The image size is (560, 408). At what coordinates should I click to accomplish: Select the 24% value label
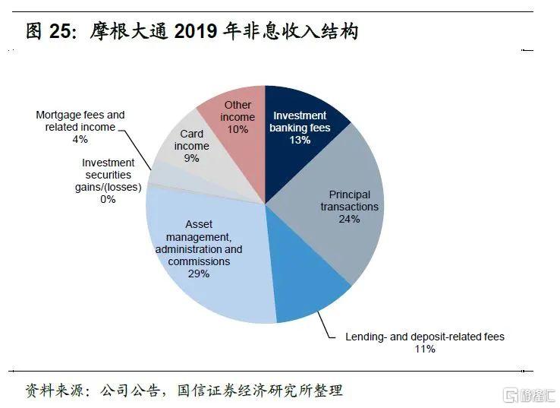tap(349, 219)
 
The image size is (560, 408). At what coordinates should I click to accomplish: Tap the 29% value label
tap(199, 274)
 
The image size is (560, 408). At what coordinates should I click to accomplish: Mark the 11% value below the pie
tap(425, 349)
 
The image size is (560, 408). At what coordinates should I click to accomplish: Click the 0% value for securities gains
tap(108, 199)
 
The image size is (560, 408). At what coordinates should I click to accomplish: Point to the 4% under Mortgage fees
tap(80, 139)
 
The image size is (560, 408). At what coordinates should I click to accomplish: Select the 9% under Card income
tap(191, 158)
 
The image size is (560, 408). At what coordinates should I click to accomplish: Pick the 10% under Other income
tap(238, 129)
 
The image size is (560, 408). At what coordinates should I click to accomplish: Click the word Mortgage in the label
tap(59, 115)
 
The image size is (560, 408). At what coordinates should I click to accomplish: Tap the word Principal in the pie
tap(350, 195)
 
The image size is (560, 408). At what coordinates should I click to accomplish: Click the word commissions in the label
tap(199, 261)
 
